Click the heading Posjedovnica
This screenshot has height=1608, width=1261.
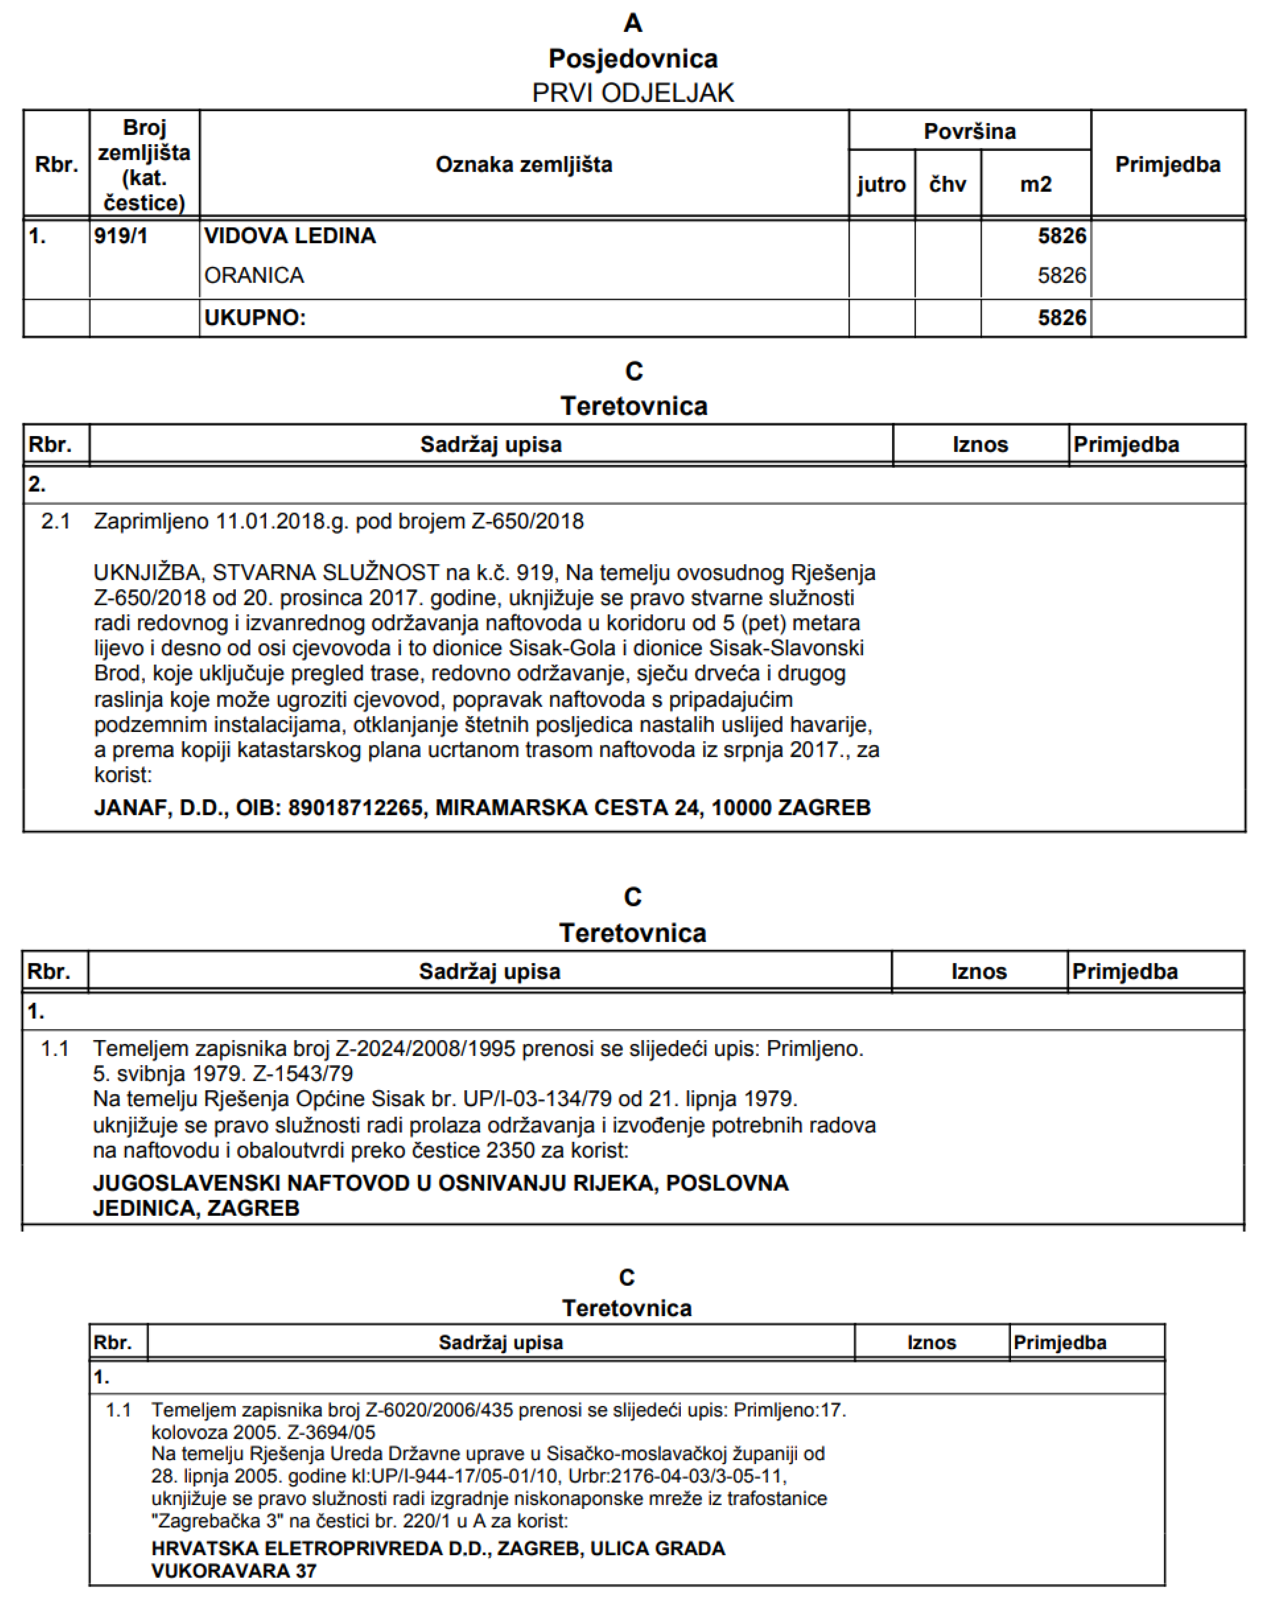coord(633,58)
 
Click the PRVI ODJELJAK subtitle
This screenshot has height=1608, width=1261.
coord(633,93)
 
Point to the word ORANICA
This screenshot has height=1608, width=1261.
coord(254,275)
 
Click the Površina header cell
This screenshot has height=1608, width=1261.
coord(970,131)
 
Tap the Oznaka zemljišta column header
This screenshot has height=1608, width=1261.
coord(523,164)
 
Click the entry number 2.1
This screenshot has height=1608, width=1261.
coord(55,522)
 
